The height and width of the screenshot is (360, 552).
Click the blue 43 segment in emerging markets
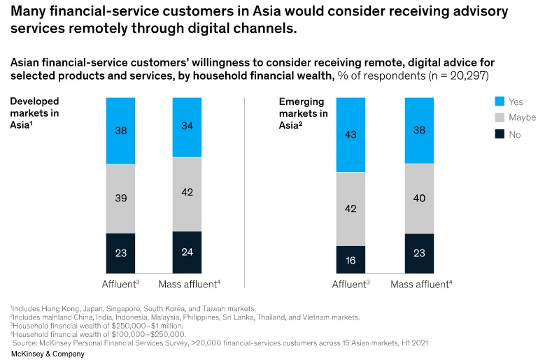click(x=351, y=134)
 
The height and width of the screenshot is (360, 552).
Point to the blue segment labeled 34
click(x=187, y=127)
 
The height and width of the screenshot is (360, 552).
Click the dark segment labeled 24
click(x=187, y=252)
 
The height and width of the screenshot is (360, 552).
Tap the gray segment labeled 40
click(x=419, y=199)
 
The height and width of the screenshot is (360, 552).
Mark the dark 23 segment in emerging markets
click(x=419, y=253)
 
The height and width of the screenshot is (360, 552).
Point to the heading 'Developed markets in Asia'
click(x=34, y=111)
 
